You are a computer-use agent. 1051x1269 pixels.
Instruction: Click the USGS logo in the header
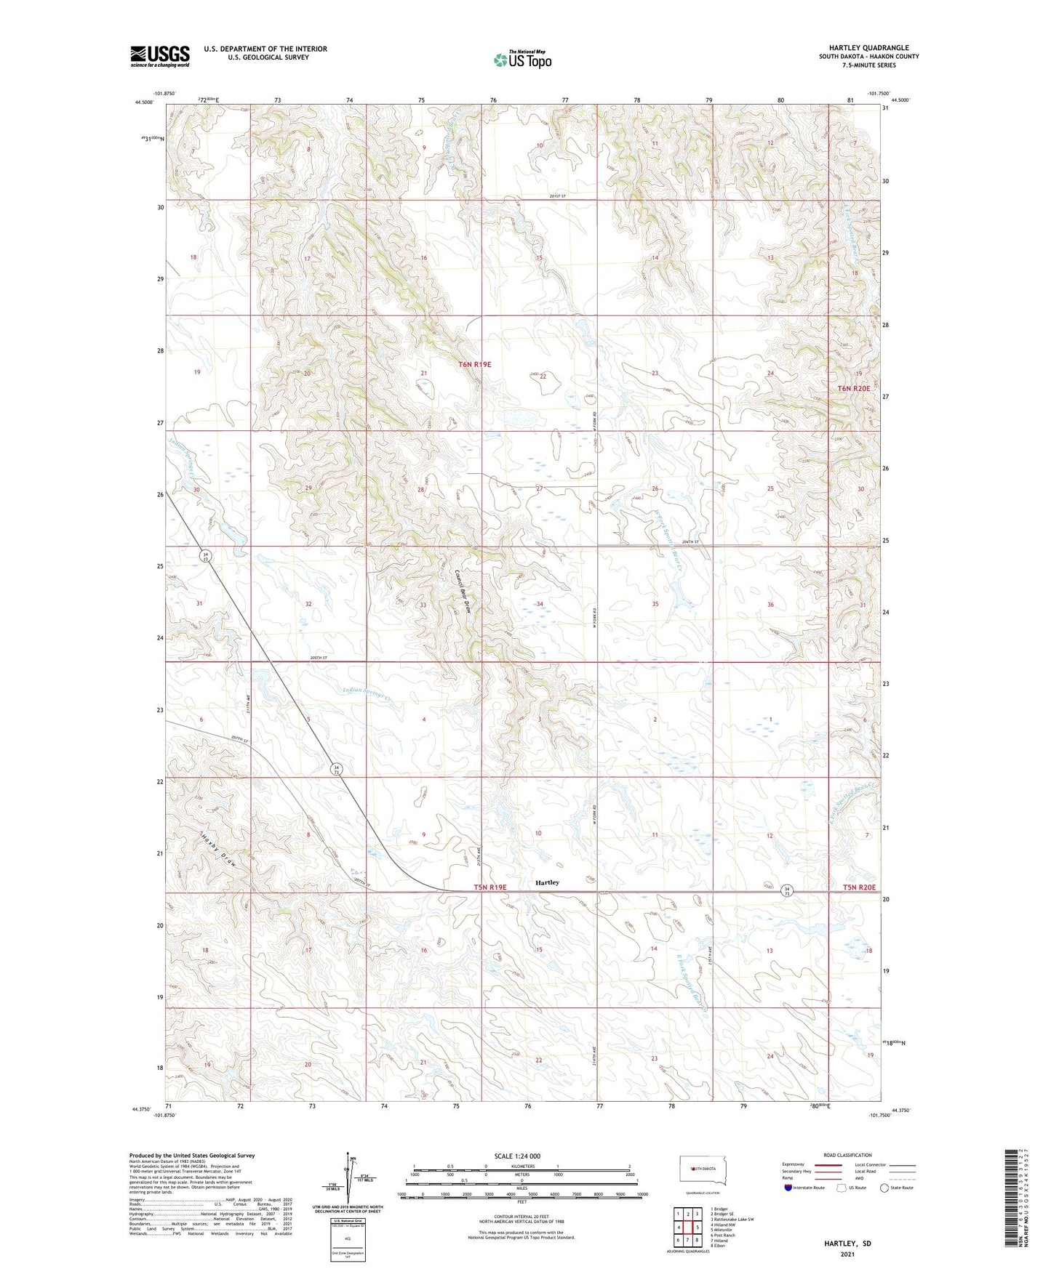pos(160,56)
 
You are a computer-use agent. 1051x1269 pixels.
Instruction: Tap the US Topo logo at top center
pos(522,59)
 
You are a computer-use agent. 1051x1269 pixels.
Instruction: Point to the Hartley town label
pos(547,882)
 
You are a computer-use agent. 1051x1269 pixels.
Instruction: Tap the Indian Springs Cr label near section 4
pos(366,696)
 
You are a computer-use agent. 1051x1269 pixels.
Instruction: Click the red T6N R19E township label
pos(475,364)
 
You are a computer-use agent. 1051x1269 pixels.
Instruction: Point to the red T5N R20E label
pos(859,888)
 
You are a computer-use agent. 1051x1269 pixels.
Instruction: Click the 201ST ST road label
pos(558,196)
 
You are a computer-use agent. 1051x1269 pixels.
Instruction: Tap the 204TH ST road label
pos(690,542)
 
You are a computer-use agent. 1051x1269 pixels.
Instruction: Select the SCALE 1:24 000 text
pos(517,1156)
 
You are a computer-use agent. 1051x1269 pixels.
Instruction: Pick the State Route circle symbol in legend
pos(884,1188)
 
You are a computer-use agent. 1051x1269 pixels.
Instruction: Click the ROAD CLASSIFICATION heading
pos(847,1155)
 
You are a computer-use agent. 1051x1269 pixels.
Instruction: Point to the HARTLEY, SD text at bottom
pos(847,1244)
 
